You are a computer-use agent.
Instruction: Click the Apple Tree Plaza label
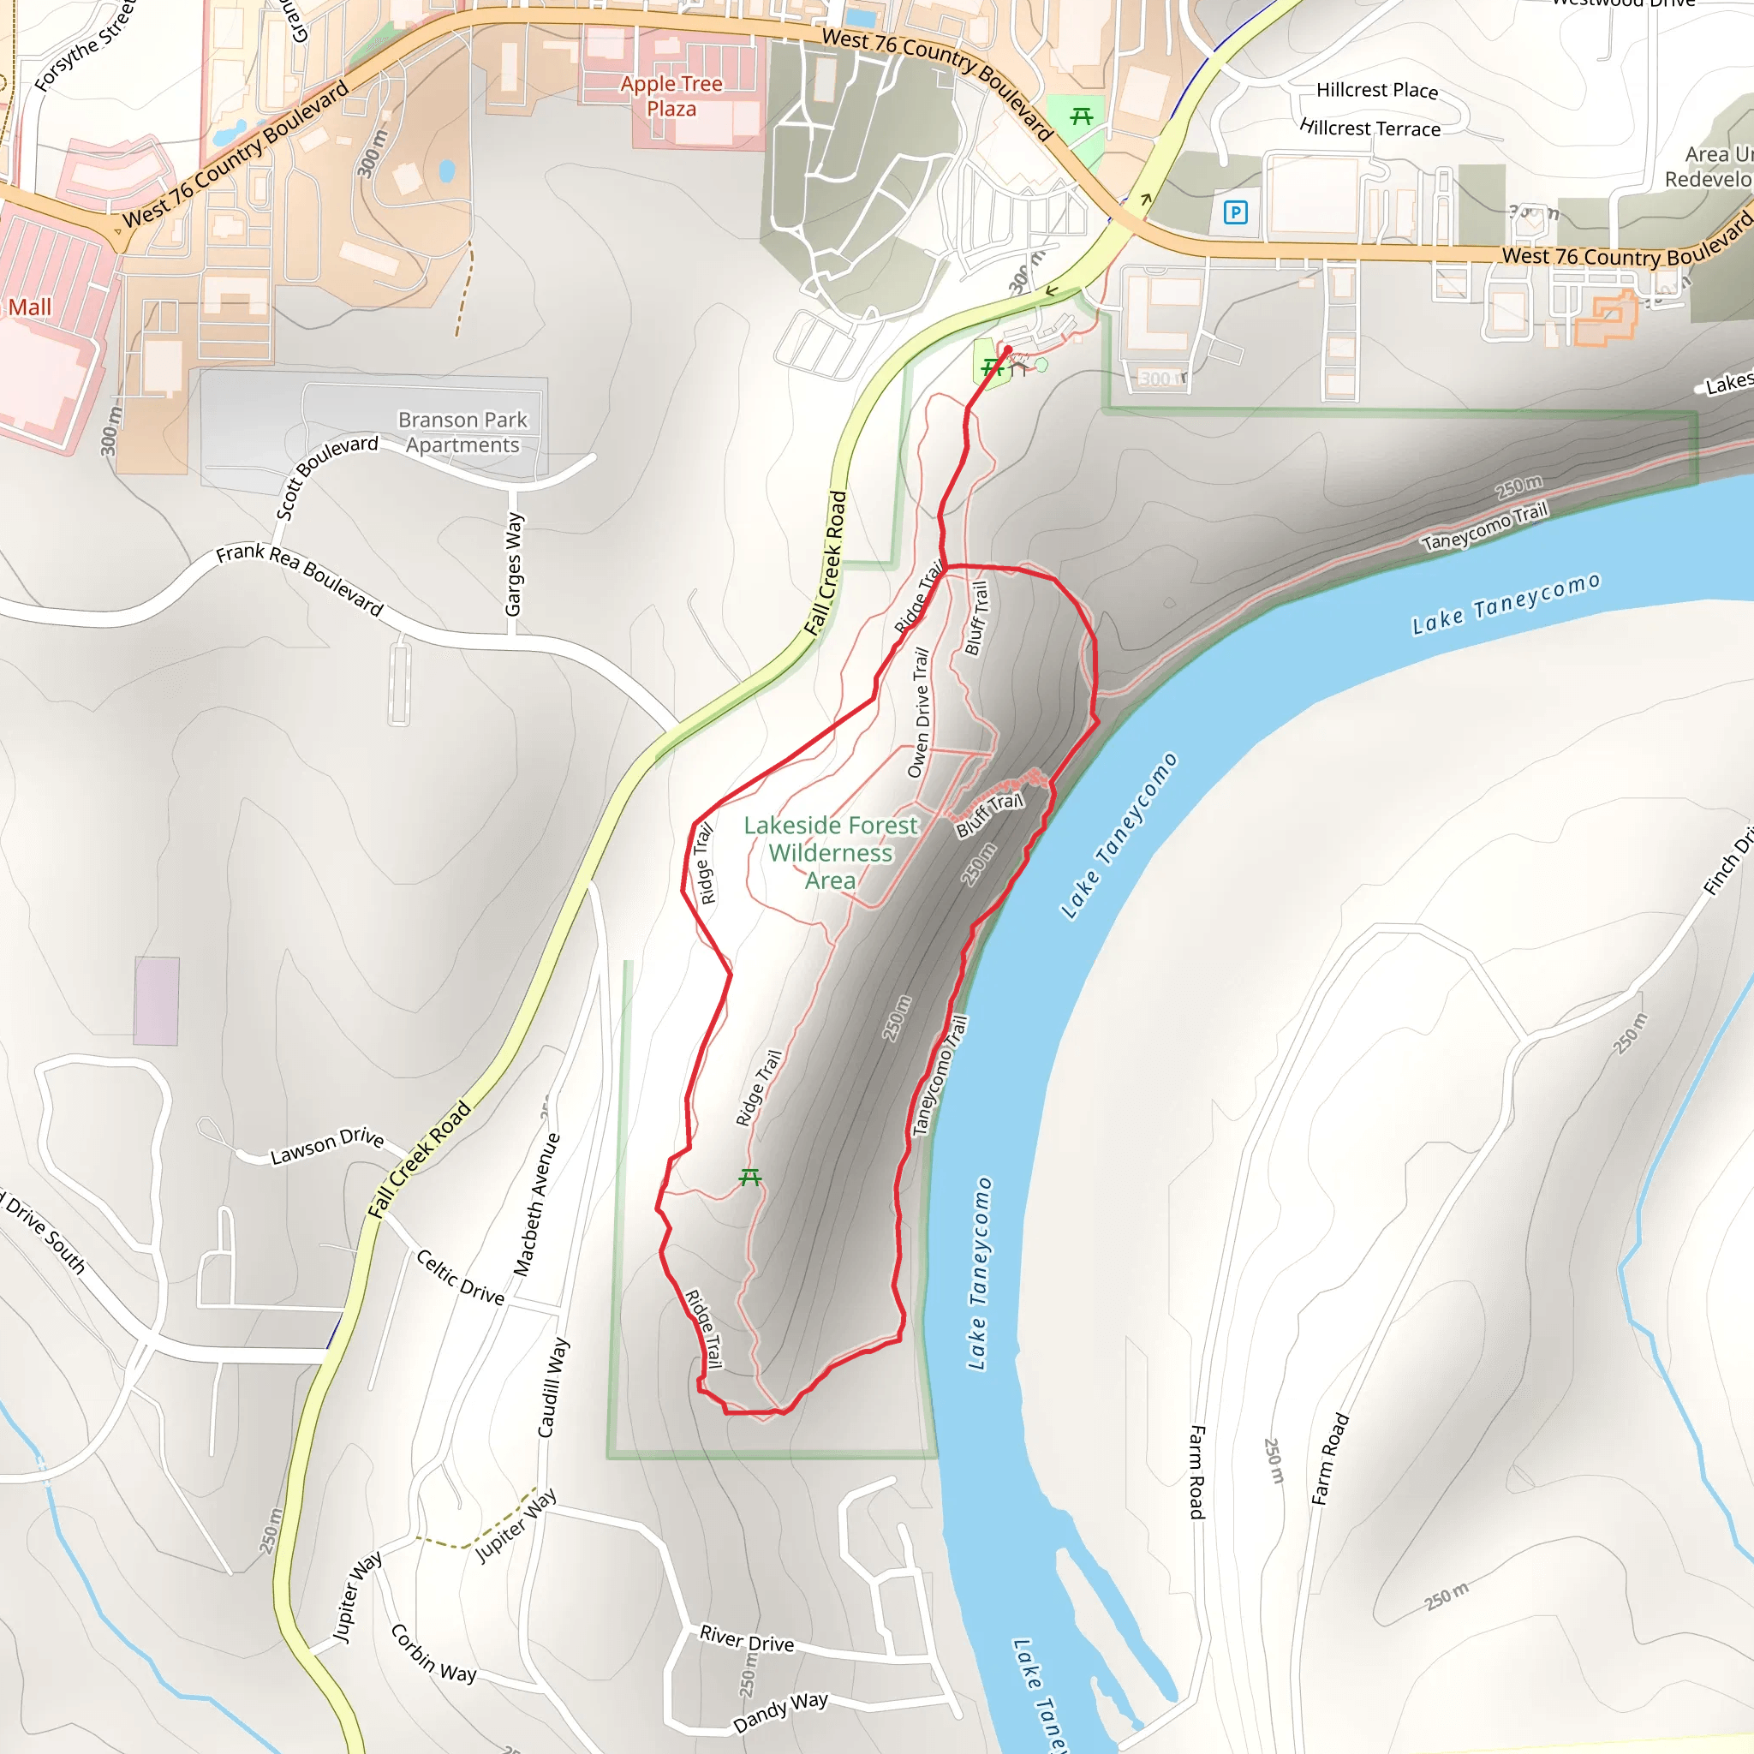671,96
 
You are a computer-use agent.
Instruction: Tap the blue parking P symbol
1235,212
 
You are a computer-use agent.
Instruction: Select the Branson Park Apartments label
463,433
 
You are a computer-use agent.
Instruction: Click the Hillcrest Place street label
1376,90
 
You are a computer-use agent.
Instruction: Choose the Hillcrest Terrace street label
1370,128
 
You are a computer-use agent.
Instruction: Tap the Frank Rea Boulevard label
300,578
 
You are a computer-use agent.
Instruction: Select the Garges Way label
514,564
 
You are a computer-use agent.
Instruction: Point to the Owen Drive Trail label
919,713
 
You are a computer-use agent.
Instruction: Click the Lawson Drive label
327,1146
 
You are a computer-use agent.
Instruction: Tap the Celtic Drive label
460,1276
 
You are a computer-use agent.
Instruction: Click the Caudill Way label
553,1387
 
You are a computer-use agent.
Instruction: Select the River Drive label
746,1638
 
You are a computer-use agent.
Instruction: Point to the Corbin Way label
433,1653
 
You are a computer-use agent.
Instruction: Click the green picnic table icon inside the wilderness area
749,1178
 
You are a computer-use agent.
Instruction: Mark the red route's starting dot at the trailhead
1008,349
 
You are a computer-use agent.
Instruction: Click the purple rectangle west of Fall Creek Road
156,1000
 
